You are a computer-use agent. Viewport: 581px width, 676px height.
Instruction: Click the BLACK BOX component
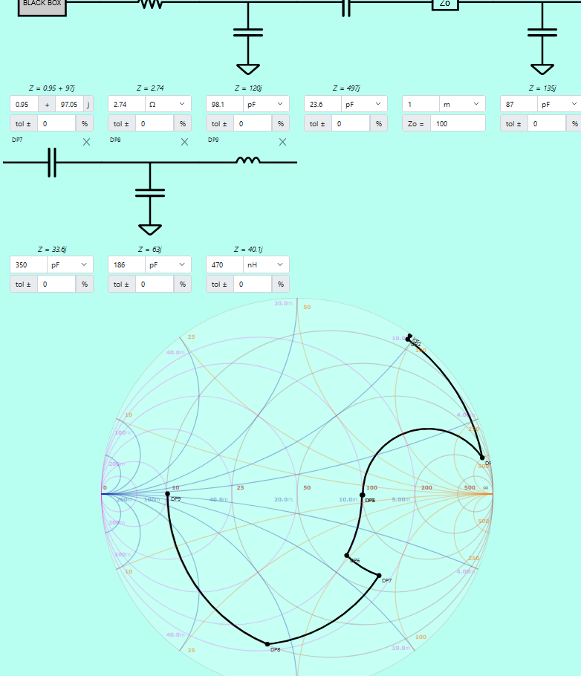pyautogui.click(x=42, y=6)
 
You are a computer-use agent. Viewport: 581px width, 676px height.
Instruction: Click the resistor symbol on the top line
pyautogui.click(x=151, y=4)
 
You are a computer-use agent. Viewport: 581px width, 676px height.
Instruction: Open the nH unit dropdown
pyautogui.click(x=264, y=264)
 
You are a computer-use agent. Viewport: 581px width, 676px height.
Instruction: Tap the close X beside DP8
pyautogui.click(x=184, y=142)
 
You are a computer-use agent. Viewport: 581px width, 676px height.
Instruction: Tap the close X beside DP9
pyautogui.click(x=282, y=142)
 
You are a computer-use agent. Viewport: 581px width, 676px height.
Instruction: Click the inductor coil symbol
pyautogui.click(x=248, y=160)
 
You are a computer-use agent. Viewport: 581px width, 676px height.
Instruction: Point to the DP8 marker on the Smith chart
pyautogui.click(x=268, y=643)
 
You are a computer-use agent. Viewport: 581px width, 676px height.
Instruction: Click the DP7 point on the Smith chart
pyautogui.click(x=379, y=576)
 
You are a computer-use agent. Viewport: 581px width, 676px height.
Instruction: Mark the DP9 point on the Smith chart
pyautogui.click(x=167, y=494)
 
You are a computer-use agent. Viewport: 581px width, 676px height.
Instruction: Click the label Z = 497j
pyautogui.click(x=345, y=88)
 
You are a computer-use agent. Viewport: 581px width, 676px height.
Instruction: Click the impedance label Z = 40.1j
pyautogui.click(x=247, y=250)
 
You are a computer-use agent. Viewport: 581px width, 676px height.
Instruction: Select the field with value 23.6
pyautogui.click(x=322, y=105)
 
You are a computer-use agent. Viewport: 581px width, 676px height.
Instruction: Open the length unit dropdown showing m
pyautogui.click(x=461, y=105)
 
